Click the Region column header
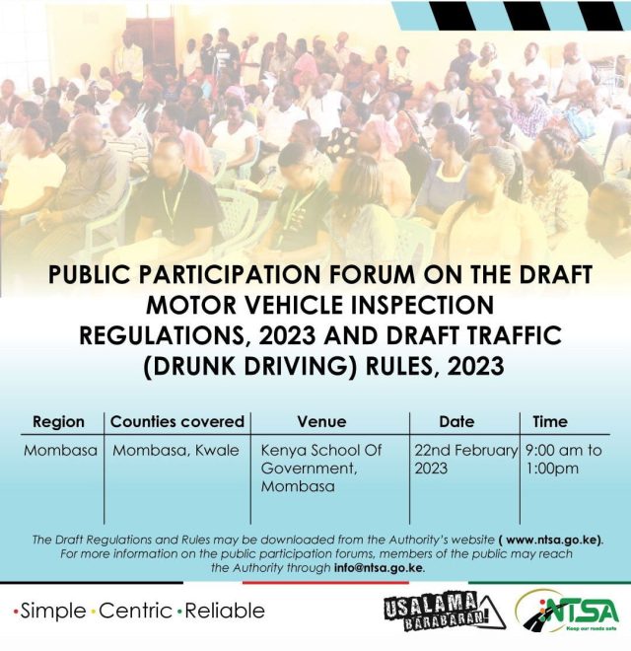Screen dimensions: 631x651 (x=58, y=422)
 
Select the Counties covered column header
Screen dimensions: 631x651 (x=177, y=422)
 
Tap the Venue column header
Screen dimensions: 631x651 (x=321, y=422)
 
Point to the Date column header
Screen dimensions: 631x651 (x=456, y=422)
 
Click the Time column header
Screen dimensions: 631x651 (x=550, y=422)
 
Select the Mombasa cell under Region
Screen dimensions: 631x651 (x=60, y=451)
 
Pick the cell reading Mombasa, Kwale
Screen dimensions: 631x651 (x=176, y=451)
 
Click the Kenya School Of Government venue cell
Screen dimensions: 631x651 (x=320, y=469)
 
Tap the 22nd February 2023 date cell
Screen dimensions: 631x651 (x=465, y=460)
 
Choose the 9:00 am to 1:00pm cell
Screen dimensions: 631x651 (x=564, y=460)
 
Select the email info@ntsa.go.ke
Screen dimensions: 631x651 (x=379, y=568)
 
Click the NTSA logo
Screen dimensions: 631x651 (x=567, y=612)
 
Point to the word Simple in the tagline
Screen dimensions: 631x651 (x=52, y=612)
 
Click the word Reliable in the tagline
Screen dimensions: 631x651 (x=225, y=612)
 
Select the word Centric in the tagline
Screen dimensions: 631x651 (x=135, y=612)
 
